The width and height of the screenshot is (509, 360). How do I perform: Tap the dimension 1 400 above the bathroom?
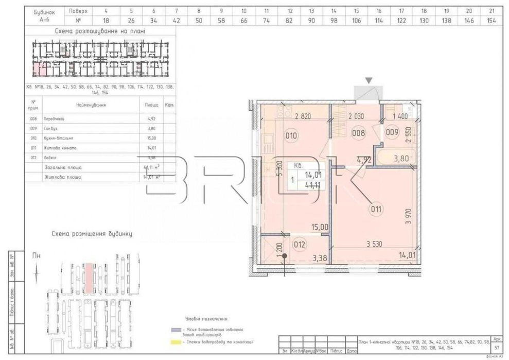(400, 117)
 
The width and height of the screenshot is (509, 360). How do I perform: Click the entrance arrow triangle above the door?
(369, 80)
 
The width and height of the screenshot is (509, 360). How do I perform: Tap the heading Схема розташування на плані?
(100, 31)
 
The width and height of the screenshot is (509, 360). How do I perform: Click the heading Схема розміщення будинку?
(92, 233)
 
